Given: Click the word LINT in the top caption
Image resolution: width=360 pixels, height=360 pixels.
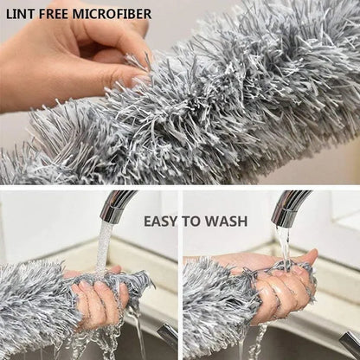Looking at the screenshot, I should (21, 14).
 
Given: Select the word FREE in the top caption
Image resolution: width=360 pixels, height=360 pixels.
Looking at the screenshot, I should (55, 14).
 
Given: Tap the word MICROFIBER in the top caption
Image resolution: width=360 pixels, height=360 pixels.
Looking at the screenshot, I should (112, 14).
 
